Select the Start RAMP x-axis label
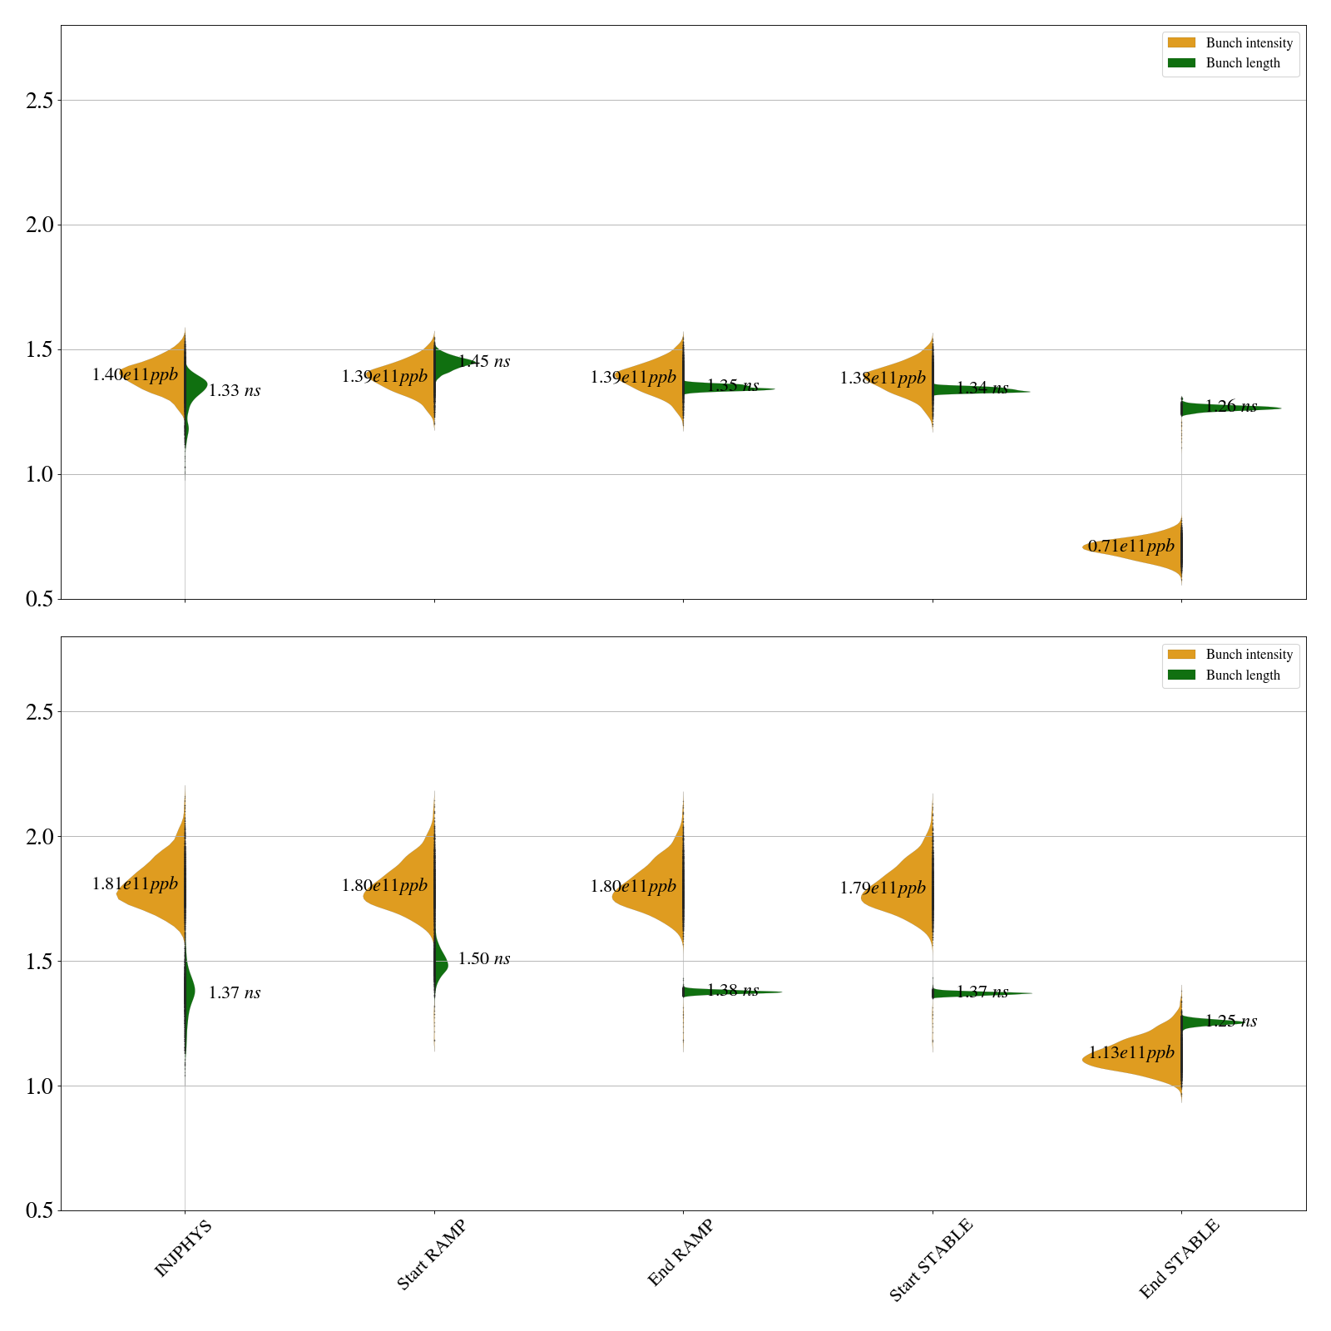point(431,1254)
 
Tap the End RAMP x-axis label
point(680,1253)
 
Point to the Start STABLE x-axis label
point(930,1259)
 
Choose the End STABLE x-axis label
point(1179,1258)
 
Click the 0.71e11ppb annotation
point(1131,547)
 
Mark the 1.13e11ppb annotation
point(1131,1053)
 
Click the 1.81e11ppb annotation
point(135,884)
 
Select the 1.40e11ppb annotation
point(135,375)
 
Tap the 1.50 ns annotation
point(484,959)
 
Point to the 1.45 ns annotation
point(484,362)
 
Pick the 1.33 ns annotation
point(235,391)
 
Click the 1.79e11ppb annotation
point(883,888)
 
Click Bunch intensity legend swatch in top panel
point(1181,43)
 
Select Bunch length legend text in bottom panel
point(1243,675)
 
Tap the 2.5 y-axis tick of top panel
point(39,101)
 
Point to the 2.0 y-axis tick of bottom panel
point(39,837)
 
